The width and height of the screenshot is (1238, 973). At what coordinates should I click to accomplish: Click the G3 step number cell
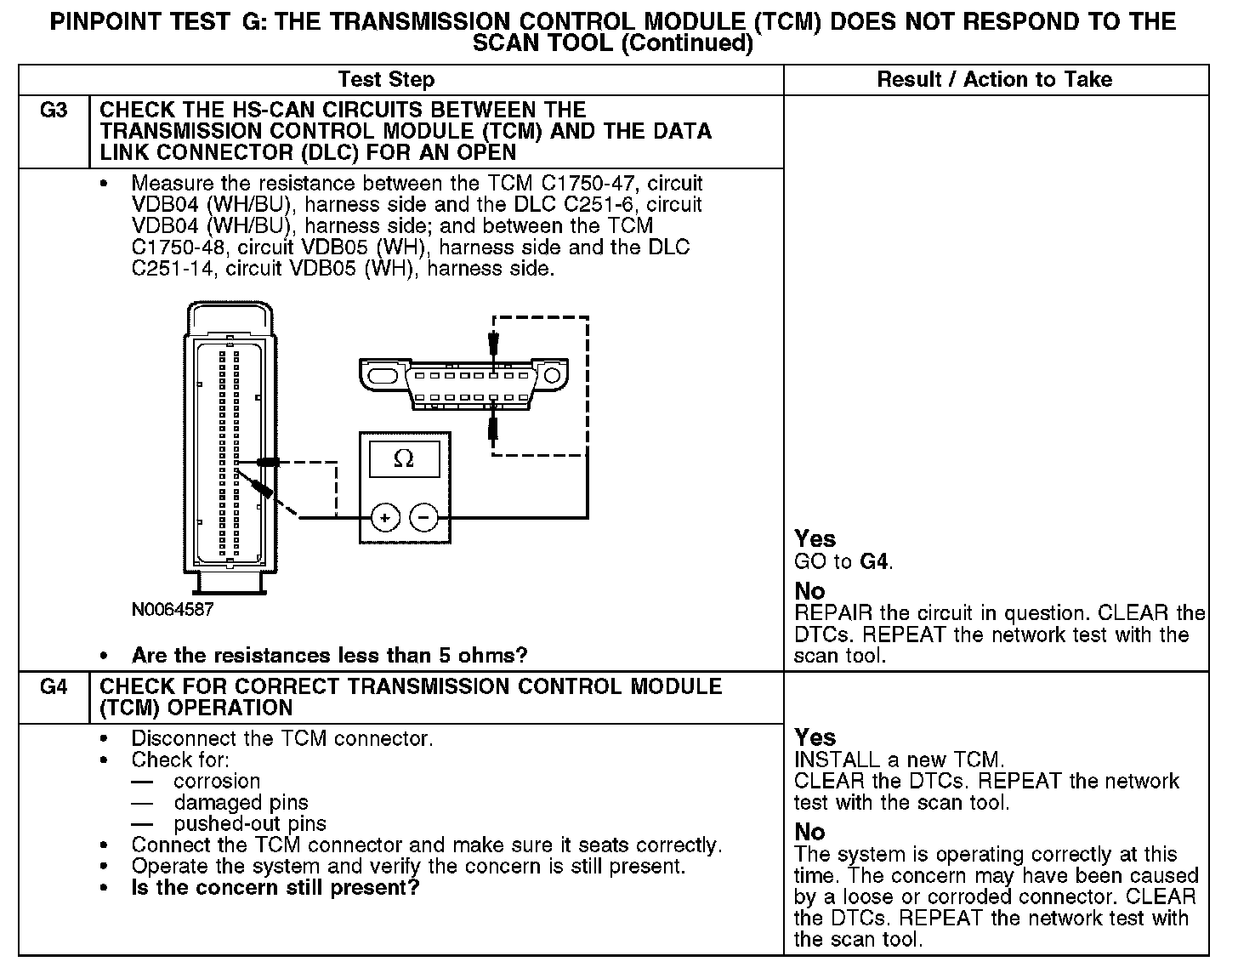click(53, 111)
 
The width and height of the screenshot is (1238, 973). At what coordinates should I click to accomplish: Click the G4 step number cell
click(53, 687)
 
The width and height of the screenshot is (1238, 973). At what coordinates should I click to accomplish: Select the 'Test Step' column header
click(386, 80)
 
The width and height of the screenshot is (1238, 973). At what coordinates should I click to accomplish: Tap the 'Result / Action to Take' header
click(994, 80)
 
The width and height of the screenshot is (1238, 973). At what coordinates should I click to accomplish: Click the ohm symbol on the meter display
click(404, 460)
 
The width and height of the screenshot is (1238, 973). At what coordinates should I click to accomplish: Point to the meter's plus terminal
click(384, 517)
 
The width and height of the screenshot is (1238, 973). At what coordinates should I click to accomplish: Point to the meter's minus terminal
click(423, 517)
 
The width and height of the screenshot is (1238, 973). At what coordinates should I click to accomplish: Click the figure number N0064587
click(173, 610)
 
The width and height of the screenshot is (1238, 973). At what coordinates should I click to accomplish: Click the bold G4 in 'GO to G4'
click(875, 561)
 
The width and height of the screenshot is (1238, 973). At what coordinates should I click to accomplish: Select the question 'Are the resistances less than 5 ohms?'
click(329, 656)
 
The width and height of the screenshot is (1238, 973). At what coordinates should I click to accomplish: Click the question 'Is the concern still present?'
click(275, 888)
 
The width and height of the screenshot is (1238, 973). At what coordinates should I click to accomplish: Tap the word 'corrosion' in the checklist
click(217, 781)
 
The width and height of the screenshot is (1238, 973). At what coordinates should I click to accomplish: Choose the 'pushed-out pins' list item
click(250, 823)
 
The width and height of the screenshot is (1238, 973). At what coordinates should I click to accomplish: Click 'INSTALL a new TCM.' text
click(900, 760)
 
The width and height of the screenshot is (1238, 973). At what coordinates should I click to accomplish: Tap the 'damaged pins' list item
click(241, 802)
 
